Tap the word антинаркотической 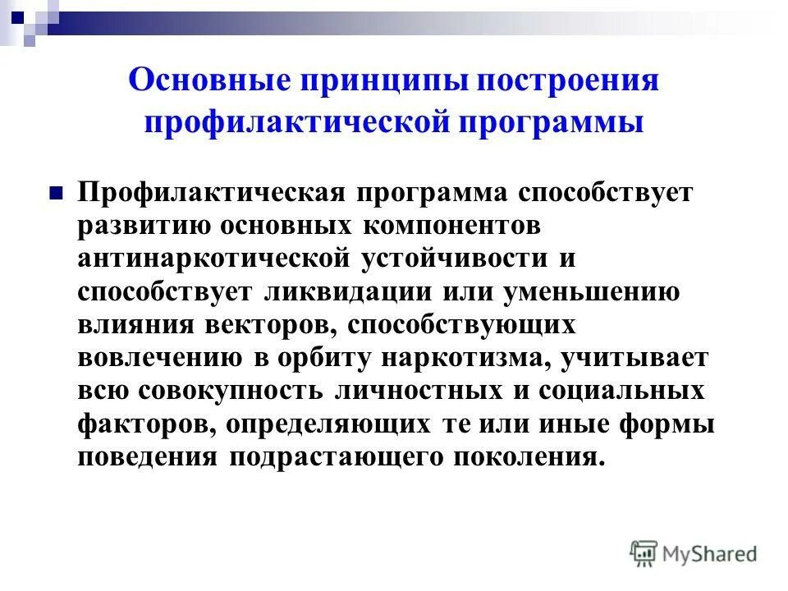pos(214,259)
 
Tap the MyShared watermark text pos(710,554)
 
